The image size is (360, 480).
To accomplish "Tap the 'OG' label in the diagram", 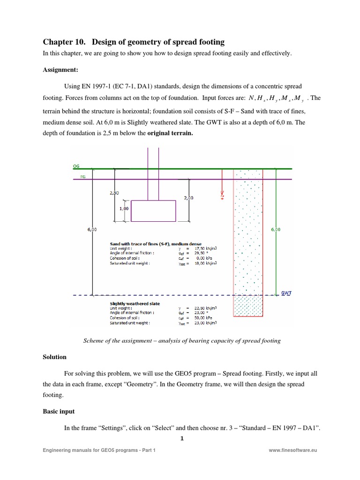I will pyautogui.click(x=76, y=166).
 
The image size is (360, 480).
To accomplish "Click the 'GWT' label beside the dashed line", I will pyautogui.click(x=286, y=292).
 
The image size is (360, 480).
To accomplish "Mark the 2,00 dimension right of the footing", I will pyautogui.click(x=189, y=198).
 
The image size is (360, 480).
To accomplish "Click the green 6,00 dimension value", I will pyautogui.click(x=276, y=230).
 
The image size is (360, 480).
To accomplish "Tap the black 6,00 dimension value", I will pyautogui.click(x=92, y=230).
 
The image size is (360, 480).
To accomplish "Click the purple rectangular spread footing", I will pyautogui.click(x=153, y=210).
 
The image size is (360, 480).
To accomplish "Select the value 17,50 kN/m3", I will pyautogui.click(x=212, y=248).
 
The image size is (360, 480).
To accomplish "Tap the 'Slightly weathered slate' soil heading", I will pyautogui.click(x=135, y=303).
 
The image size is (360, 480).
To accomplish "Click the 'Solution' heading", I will pyautogui.click(x=54, y=357).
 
